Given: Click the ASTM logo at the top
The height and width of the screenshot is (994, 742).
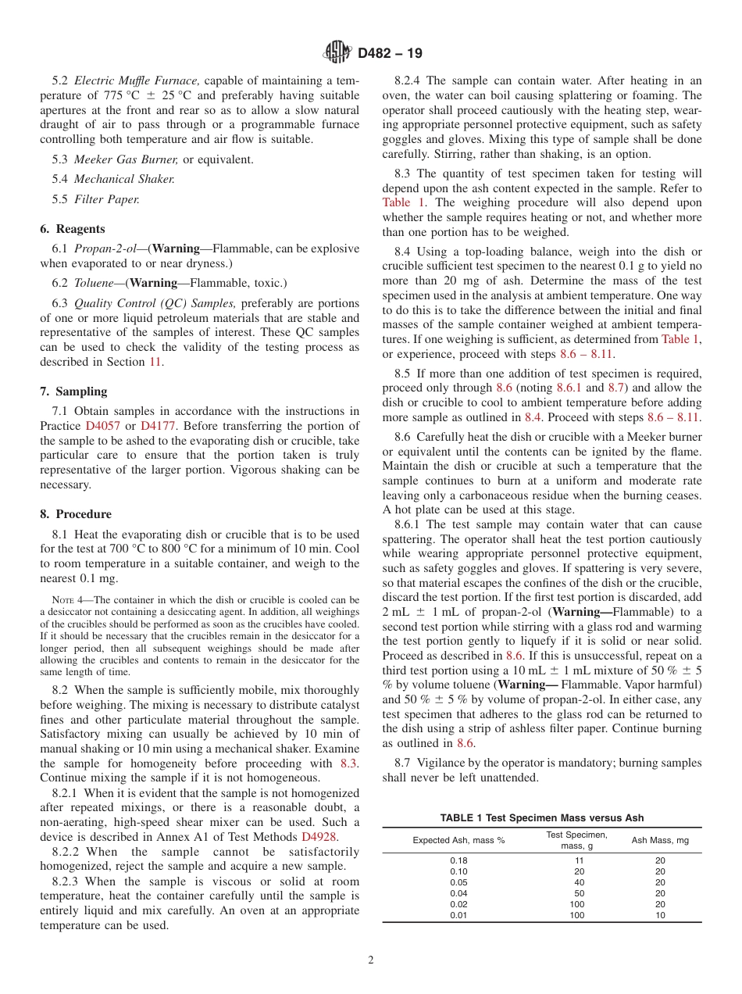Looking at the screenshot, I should (x=337, y=53).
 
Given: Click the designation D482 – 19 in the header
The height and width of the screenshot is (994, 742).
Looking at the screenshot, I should (x=390, y=53).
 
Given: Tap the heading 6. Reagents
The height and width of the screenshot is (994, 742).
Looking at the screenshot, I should (x=73, y=229).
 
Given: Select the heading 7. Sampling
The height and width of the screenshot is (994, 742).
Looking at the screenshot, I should (x=73, y=392).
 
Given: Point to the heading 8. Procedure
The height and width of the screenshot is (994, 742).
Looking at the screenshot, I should (x=76, y=514).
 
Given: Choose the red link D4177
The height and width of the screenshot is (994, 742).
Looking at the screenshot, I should (x=158, y=426).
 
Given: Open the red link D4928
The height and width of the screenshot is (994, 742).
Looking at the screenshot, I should (x=319, y=837).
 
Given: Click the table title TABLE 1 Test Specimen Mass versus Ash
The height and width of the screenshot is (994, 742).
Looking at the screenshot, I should (x=542, y=817).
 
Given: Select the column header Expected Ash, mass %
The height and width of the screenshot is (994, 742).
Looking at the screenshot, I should (x=458, y=840).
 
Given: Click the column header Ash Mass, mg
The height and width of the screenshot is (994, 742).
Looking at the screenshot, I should (x=660, y=840).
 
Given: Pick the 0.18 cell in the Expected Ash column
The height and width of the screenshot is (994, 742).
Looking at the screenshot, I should (x=458, y=860).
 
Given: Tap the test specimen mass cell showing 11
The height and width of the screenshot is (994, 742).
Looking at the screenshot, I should (x=576, y=860).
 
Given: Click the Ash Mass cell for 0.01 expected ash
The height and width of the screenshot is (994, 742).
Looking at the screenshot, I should (x=660, y=915).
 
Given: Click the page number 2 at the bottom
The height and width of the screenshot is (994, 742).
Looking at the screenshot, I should (x=371, y=960).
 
